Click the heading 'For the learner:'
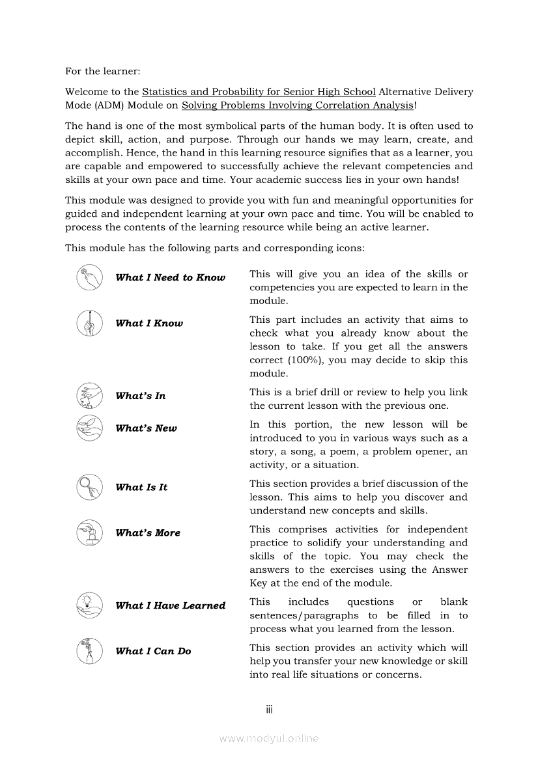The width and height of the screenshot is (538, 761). (102, 71)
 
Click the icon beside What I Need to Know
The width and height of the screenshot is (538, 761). (89, 278)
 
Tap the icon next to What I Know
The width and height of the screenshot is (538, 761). (89, 324)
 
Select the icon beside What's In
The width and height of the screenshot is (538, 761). (89, 396)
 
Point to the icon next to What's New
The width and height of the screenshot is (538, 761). (89, 428)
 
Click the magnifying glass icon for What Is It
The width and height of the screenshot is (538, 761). (89, 487)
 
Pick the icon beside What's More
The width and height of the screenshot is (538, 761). (89, 533)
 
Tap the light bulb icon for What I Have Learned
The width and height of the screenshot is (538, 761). (89, 605)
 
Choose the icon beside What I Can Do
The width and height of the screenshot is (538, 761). (89, 651)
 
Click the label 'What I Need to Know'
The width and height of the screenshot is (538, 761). (170, 278)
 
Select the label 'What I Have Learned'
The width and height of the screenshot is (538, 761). (170, 605)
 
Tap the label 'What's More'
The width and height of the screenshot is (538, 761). (148, 533)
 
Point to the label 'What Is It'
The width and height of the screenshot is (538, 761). (141, 487)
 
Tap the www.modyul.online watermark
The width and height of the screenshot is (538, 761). (269, 738)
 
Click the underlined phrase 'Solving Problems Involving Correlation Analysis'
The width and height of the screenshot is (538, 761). (297, 105)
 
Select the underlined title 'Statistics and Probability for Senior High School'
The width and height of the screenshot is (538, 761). (259, 92)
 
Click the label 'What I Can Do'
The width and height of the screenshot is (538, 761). (153, 651)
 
